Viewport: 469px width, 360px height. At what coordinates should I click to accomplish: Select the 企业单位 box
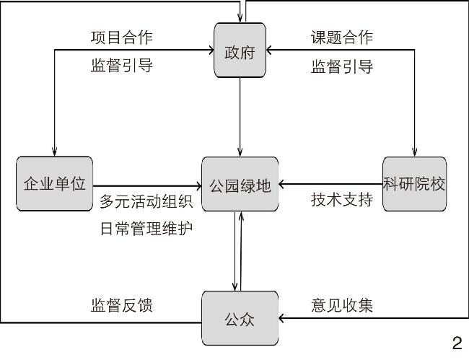[55, 184]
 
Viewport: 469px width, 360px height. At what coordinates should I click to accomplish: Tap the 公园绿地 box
[240, 184]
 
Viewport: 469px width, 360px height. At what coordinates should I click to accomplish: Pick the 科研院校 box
[414, 184]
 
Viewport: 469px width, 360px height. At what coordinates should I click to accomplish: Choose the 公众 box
[240, 318]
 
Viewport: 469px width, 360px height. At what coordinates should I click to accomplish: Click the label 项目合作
[122, 37]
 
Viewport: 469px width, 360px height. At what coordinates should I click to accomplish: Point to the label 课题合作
[342, 37]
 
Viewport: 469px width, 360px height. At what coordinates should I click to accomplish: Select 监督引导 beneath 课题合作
[342, 66]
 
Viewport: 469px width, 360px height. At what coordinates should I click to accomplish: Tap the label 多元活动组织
[146, 201]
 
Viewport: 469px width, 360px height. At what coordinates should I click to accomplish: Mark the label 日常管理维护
[146, 229]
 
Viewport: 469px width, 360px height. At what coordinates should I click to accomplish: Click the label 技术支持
[342, 199]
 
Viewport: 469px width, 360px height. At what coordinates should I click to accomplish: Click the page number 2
[456, 343]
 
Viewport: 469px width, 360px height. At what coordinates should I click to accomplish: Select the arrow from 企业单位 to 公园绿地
[148, 185]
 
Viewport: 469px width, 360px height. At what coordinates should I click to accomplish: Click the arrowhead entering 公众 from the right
[283, 318]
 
